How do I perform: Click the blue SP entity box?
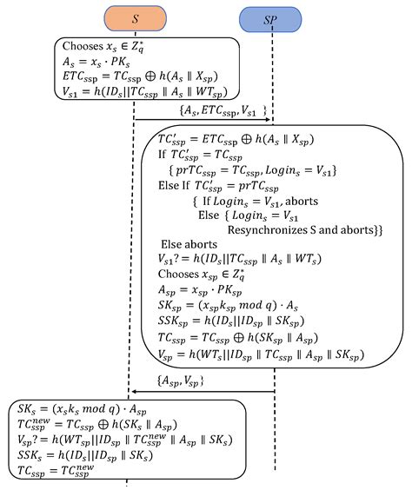tap(271, 17)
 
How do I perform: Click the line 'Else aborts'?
tap(190, 245)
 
